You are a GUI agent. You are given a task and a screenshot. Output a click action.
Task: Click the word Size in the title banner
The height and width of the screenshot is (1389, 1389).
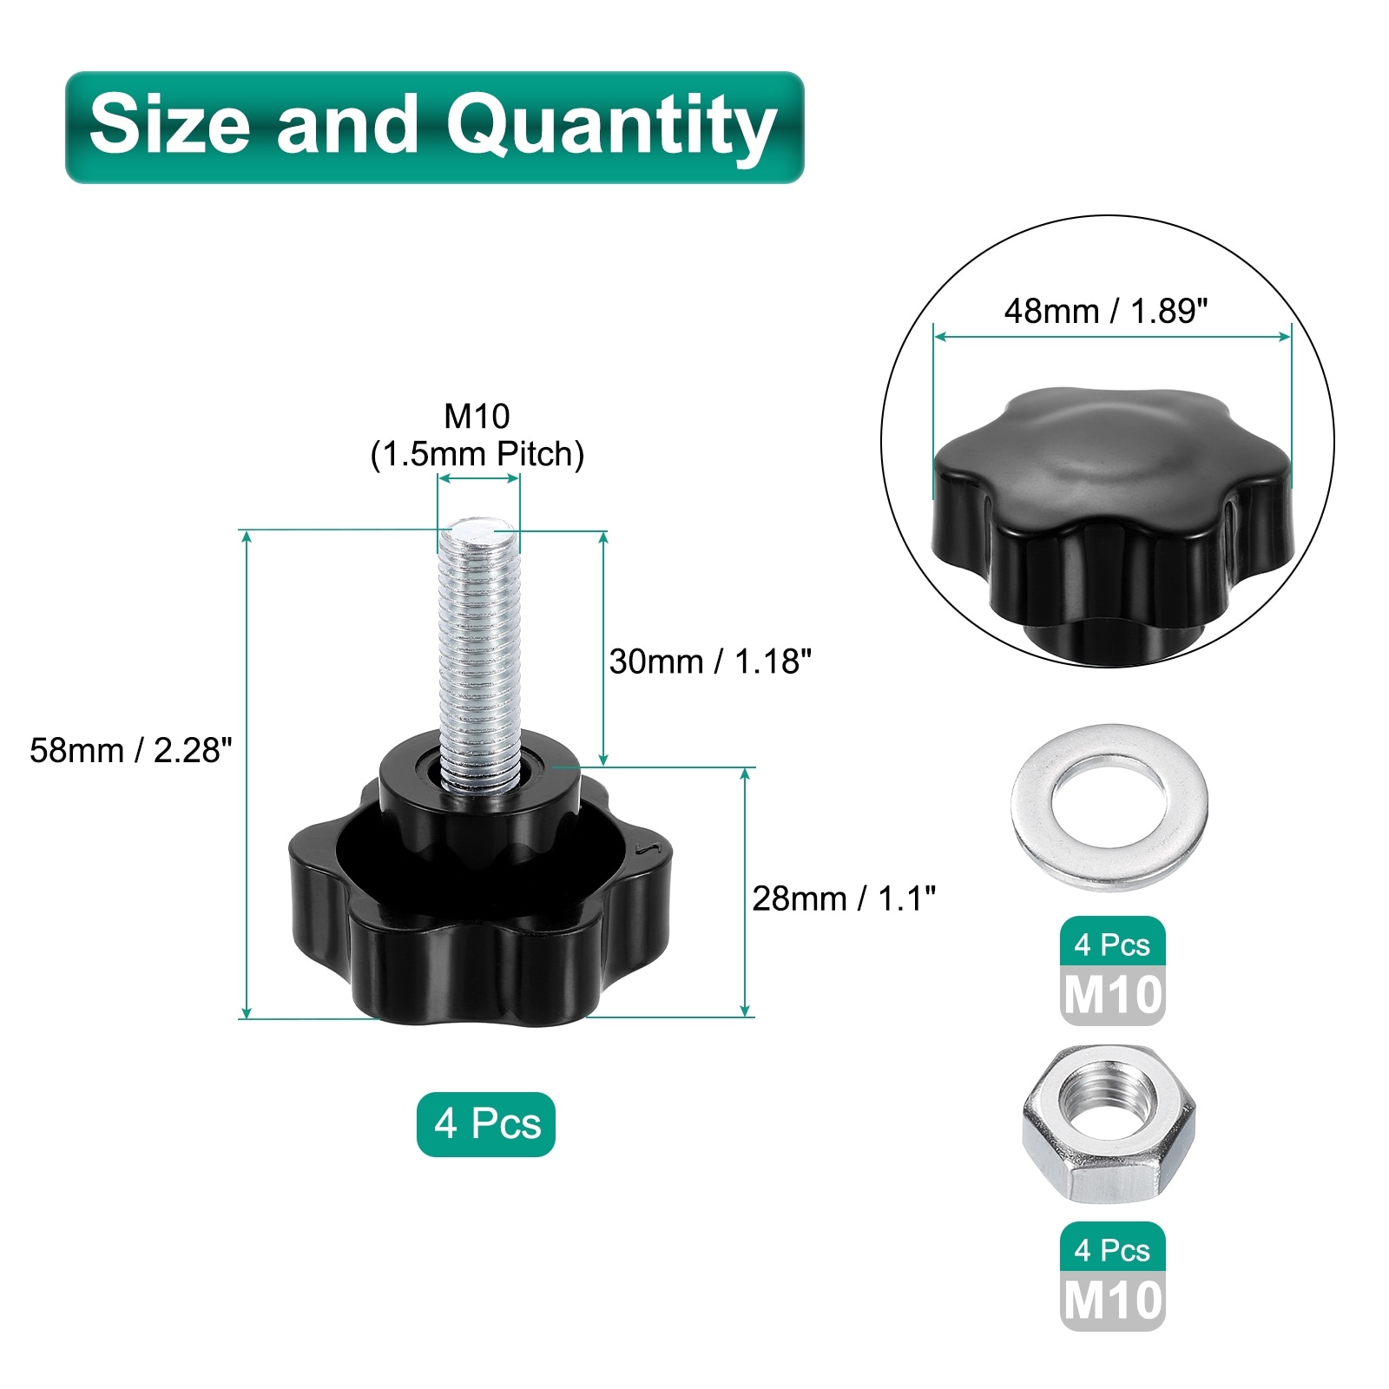169,123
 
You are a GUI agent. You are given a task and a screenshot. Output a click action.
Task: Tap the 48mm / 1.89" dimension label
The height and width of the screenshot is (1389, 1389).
1106,311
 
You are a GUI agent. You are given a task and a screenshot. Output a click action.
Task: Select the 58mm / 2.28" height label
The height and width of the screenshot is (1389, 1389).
131,750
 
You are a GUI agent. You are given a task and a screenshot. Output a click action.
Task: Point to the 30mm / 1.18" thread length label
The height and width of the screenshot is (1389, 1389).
710,662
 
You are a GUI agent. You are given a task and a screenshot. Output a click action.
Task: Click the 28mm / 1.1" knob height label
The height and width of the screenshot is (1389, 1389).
844,899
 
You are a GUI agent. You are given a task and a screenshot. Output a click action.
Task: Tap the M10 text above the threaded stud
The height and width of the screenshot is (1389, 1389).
477,417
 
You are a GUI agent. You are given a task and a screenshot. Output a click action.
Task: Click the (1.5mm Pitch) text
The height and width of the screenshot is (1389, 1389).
477,454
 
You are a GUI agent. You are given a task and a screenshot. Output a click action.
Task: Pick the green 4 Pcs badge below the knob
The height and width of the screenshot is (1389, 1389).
486,1124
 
